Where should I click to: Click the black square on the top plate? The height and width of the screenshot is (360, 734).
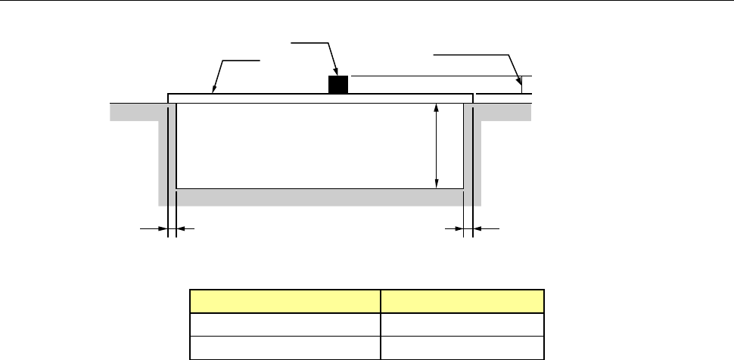[x=337, y=84]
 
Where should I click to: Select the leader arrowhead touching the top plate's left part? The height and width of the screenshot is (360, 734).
[x=216, y=91]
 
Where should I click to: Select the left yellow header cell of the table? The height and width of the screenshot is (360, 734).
[x=285, y=301]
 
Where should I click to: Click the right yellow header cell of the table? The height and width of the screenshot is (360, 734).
[x=462, y=301]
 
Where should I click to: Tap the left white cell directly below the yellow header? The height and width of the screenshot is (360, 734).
[x=285, y=325]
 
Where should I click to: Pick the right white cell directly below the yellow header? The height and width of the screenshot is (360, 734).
[x=462, y=325]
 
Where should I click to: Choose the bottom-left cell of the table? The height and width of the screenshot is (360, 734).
[x=285, y=347]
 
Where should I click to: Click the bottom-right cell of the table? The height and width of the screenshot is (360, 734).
[x=462, y=347]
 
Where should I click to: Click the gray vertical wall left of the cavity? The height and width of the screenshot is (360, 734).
[x=163, y=151]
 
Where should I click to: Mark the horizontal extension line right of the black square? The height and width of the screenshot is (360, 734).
[x=439, y=76]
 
